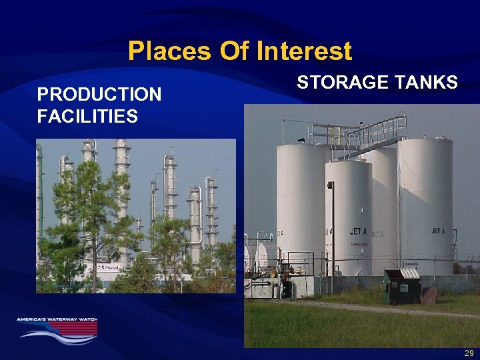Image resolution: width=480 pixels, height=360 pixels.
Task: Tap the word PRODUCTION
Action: coord(99,95)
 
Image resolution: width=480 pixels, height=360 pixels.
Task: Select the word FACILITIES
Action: coord(87,117)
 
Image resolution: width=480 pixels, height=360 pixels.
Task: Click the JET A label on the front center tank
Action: coord(359,231)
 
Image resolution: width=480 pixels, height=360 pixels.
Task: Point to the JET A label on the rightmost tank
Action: coord(438,231)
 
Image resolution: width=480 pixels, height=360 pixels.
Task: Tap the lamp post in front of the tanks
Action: coord(331,233)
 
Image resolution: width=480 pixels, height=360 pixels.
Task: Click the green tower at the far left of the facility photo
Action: coord(39,187)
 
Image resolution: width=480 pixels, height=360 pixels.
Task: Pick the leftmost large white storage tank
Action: coord(301,200)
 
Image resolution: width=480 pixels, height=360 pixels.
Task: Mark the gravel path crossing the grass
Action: coord(373,308)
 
